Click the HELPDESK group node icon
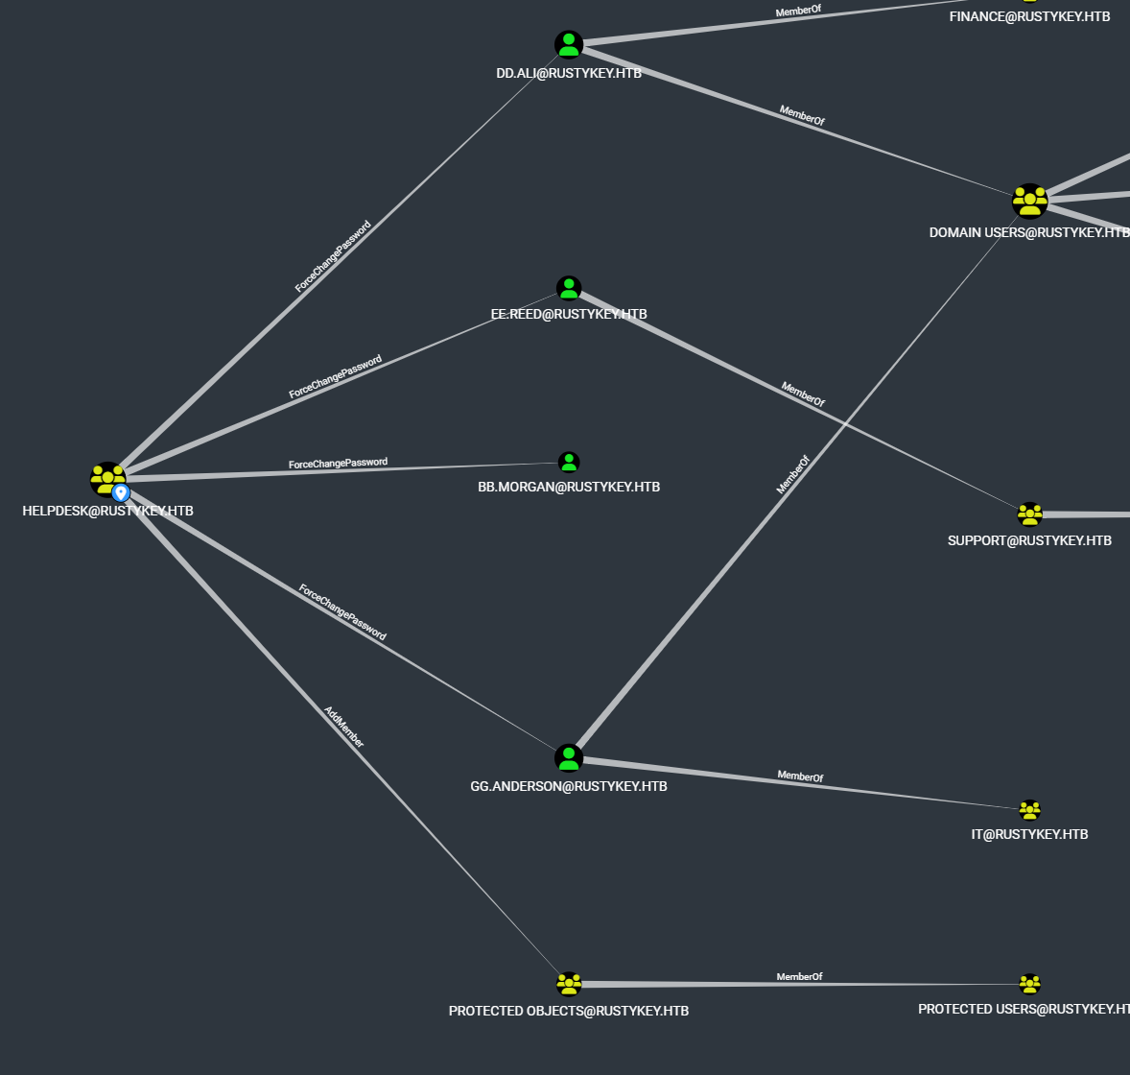tap(106, 478)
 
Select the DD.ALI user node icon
tap(569, 44)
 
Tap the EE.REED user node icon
tap(569, 288)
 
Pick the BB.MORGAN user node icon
tap(569, 463)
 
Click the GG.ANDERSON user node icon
tap(569, 758)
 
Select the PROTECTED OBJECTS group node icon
tap(569, 984)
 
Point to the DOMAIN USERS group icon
tap(1029, 202)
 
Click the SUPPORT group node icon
tap(1029, 514)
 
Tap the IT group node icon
tap(1029, 810)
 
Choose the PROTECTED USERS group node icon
tap(1029, 984)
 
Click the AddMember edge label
tap(343, 727)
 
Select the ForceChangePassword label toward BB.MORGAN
tap(338, 464)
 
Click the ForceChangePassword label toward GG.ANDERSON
tap(342, 612)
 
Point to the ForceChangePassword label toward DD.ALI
tap(332, 256)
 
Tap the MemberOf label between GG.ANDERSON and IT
tap(800, 776)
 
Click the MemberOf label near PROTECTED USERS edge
tap(799, 976)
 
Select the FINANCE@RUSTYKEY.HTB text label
tap(1029, 16)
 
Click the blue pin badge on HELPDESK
tap(121, 492)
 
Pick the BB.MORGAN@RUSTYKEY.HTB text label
tap(569, 487)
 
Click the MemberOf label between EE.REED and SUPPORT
tap(803, 394)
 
